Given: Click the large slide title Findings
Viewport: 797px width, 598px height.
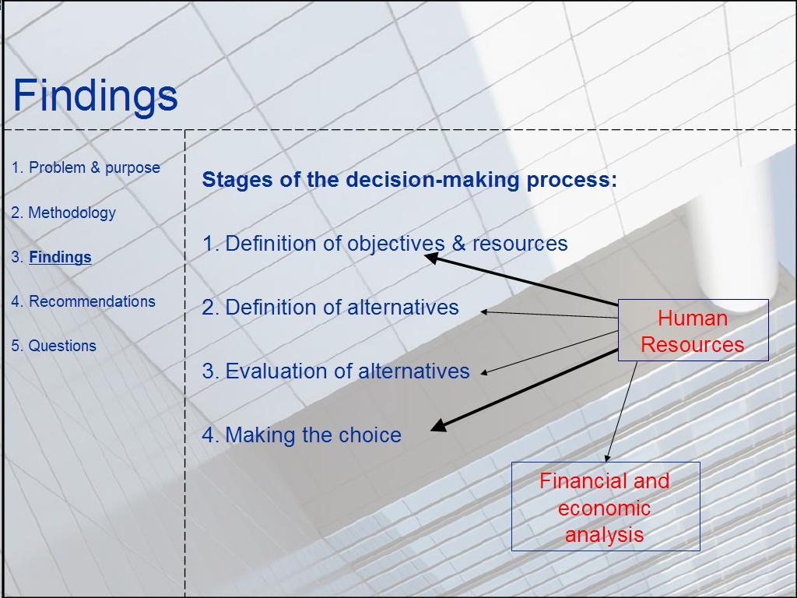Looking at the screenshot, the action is (x=95, y=96).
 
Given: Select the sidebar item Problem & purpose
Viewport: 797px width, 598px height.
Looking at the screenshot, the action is (x=86, y=168).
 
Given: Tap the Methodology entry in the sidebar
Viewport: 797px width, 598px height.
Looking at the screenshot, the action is (x=64, y=213).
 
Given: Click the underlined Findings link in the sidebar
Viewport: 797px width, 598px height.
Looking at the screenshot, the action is (x=60, y=257).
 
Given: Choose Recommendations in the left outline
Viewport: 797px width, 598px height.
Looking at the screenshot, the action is (x=83, y=301).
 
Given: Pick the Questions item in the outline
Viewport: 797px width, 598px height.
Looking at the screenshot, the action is (x=54, y=346).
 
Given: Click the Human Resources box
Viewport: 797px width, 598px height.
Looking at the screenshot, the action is (x=693, y=330).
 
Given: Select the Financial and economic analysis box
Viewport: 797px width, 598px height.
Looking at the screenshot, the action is (x=606, y=506).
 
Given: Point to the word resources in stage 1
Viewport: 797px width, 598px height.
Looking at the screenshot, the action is (x=520, y=244).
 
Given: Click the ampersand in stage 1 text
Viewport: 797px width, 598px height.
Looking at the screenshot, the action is (x=458, y=244).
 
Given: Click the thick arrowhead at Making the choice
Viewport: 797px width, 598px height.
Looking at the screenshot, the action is (x=439, y=426).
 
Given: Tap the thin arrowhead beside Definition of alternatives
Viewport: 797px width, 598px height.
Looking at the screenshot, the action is (x=484, y=311).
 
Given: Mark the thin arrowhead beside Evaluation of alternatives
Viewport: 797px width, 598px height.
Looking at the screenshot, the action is (x=484, y=373).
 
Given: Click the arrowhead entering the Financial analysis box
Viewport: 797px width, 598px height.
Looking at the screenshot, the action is (x=607, y=458).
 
